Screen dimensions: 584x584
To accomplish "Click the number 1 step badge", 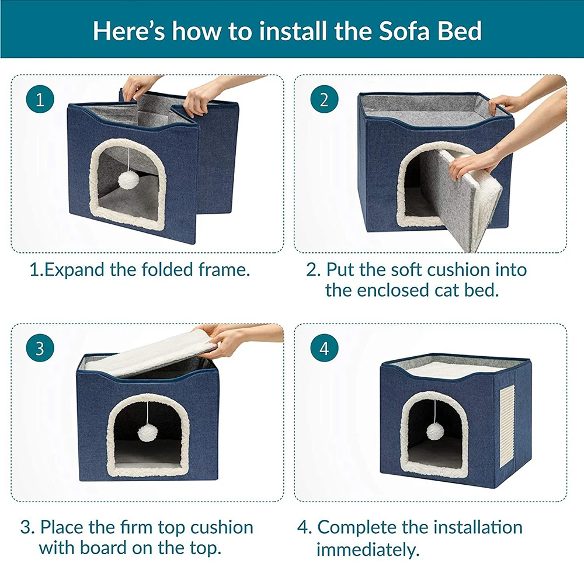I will (40, 99).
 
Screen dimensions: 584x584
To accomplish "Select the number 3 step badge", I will (40, 349).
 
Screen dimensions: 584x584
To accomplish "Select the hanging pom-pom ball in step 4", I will (434, 431).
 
